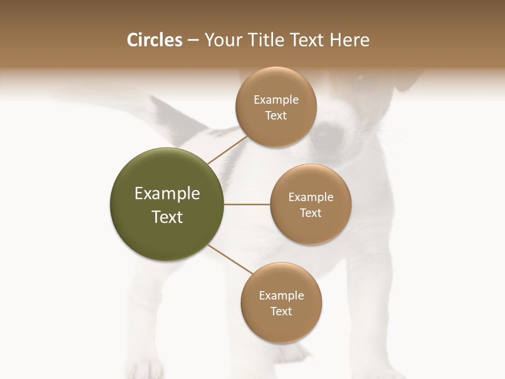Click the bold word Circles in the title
(x=154, y=40)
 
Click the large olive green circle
(x=167, y=204)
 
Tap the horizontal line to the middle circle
(x=247, y=204)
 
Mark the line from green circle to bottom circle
(x=230, y=259)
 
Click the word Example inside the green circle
(x=167, y=194)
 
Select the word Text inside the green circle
(x=167, y=217)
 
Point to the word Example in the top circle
(x=276, y=100)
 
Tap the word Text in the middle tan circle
(x=311, y=213)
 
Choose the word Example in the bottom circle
(x=281, y=296)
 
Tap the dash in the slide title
(x=193, y=41)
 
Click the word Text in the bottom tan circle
(x=281, y=311)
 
